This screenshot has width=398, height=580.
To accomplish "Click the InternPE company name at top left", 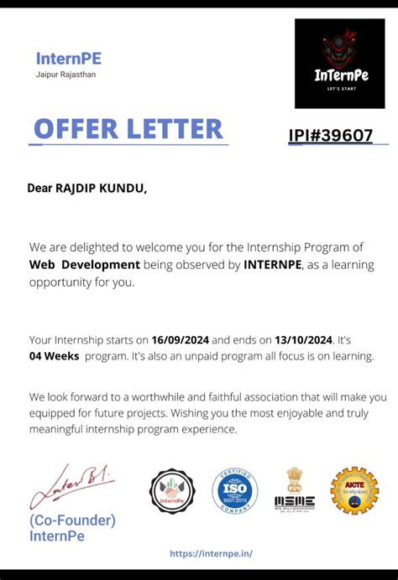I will tap(69, 59).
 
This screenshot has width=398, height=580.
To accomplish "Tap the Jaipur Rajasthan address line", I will tap(65, 75).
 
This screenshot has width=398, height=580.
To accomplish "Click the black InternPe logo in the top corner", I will tap(341, 64).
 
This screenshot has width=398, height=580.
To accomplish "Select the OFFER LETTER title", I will tap(128, 129).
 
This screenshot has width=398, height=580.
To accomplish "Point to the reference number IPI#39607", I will tap(331, 136).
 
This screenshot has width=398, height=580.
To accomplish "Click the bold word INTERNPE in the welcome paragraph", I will tap(275, 265).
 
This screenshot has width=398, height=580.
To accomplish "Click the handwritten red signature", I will tap(71, 486).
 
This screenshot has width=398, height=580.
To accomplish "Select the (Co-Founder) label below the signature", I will tap(72, 520).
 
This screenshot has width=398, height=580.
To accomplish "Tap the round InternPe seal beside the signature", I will tap(172, 491).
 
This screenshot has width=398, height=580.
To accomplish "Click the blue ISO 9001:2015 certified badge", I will tap(234, 491).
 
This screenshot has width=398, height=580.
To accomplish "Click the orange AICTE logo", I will tap(353, 491).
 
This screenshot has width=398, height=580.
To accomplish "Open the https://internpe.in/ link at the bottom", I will tap(211, 554).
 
